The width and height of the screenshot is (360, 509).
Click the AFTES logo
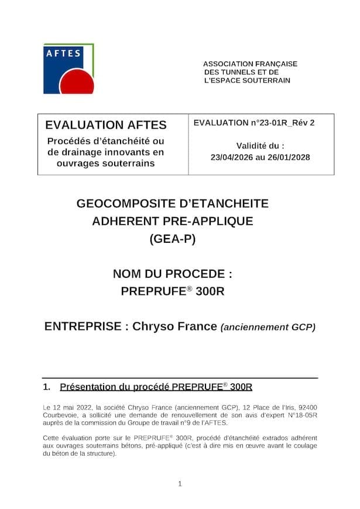pos(68,68)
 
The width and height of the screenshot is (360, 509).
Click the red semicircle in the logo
pos(77,84)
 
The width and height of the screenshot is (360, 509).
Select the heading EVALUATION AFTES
pos(106,125)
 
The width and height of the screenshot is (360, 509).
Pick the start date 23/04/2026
pos(232,157)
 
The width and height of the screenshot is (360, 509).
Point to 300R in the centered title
pos(210,291)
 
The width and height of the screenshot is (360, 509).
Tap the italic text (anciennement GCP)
pos(268,327)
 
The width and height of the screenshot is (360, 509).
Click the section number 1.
pos(46,387)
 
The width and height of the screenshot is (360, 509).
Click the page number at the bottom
pos(180,483)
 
